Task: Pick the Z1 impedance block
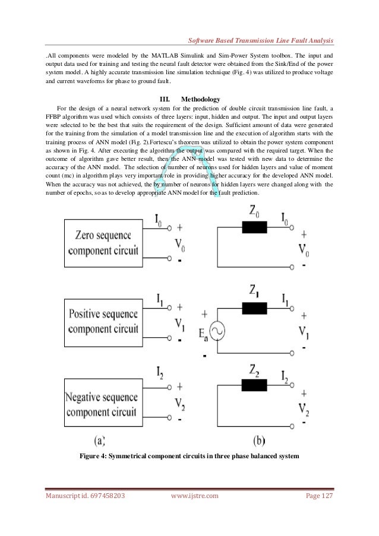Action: click(255, 307)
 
